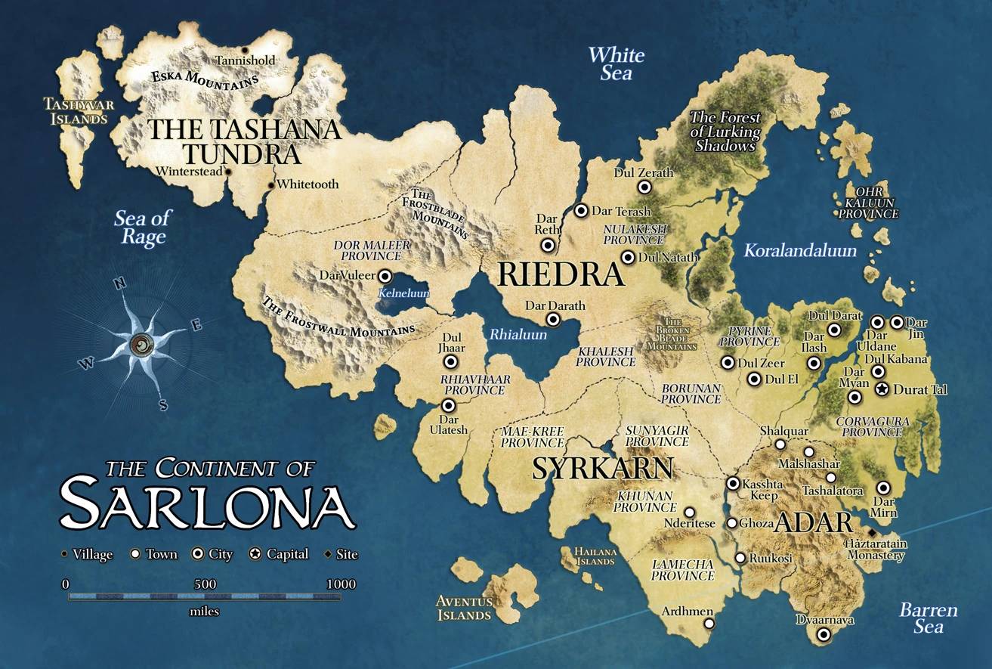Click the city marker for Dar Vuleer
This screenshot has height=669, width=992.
tap(385, 276)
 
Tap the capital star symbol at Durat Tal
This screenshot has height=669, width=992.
tap(882, 389)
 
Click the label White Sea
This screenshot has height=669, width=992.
tap(617, 63)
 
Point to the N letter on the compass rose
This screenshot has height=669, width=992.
tap(119, 283)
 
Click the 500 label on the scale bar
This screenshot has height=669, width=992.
tap(205, 584)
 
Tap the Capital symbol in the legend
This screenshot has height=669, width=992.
tap(255, 554)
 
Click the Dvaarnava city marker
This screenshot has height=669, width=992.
tap(824, 634)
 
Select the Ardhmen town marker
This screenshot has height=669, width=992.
tap(709, 624)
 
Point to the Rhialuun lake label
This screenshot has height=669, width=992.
tap(518, 333)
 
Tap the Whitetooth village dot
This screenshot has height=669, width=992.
tap(270, 184)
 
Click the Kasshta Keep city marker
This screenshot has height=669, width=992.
tap(732, 483)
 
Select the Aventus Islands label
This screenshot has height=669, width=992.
tap(464, 608)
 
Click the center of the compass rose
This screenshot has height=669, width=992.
tap(141, 345)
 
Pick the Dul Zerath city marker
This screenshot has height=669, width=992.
tap(644, 187)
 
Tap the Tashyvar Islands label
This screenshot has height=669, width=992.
tap(76, 111)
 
